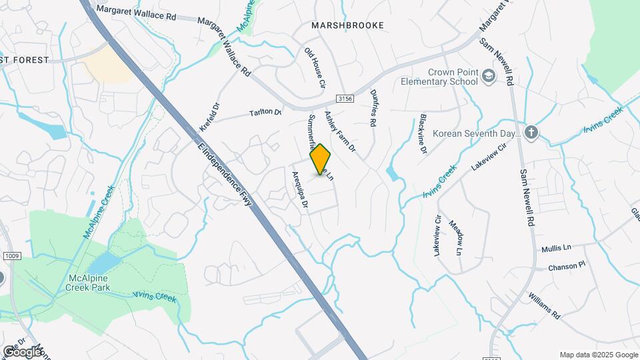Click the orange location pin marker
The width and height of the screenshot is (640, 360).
click(x=321, y=159)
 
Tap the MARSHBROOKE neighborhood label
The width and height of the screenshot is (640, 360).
click(x=347, y=25)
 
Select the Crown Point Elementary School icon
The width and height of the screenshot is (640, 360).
click(x=489, y=77)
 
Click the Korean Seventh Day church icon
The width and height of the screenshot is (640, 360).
click(x=531, y=132)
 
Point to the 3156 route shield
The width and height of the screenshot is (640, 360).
click(x=344, y=98)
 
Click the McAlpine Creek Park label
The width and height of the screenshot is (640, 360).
click(x=89, y=283)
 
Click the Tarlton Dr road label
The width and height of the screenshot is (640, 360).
click(x=265, y=113)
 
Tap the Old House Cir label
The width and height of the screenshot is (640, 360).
click(x=314, y=68)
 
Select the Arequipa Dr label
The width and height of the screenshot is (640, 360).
click(x=299, y=191)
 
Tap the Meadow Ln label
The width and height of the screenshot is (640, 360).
click(x=455, y=237)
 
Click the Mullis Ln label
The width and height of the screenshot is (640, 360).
click(x=556, y=247)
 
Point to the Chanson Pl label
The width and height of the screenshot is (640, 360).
click(x=566, y=265)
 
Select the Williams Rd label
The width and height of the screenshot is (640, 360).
click(x=544, y=305)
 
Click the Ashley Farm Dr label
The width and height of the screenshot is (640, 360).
click(x=340, y=130)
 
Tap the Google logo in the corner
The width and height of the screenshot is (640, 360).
click(x=22, y=351)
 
